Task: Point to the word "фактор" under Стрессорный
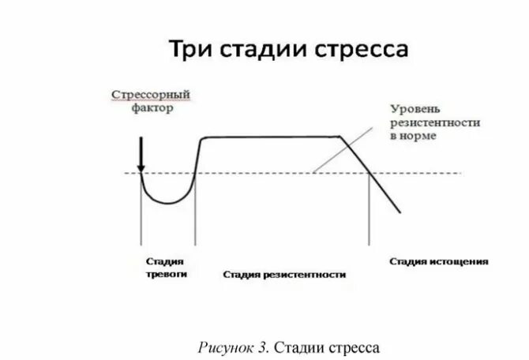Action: [152, 108]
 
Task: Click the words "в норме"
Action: [413, 136]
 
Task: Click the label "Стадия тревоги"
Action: [166, 267]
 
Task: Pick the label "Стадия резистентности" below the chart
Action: [284, 274]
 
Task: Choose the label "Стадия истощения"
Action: [439, 261]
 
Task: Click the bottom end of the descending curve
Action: [400, 211]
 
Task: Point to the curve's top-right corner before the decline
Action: [342, 138]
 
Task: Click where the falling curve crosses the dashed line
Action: [369, 174]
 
